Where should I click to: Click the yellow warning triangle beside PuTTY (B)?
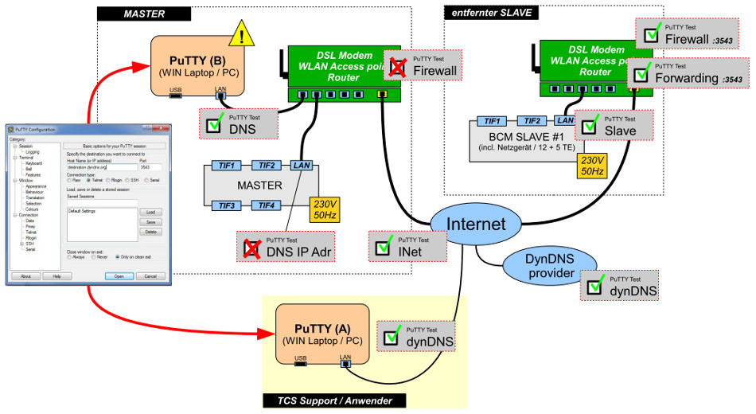(243, 33)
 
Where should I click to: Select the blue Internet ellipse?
(476, 225)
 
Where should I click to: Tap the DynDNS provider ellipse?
(550, 266)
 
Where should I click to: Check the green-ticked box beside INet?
(383, 248)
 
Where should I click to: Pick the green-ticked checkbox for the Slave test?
(589, 127)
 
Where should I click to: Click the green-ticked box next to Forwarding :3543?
(641, 76)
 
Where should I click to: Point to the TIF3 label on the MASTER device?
(228, 205)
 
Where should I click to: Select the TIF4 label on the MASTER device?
(266, 205)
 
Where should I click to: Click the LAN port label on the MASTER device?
(302, 165)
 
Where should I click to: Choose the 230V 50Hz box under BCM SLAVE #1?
(592, 166)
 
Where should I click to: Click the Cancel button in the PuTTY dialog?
(146, 276)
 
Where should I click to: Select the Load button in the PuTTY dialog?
(150, 213)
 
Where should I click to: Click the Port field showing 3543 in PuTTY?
(149, 168)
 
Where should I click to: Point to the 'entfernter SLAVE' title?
(490, 13)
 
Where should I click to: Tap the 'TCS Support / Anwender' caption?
(333, 400)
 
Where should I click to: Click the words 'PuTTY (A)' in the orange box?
(322, 328)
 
